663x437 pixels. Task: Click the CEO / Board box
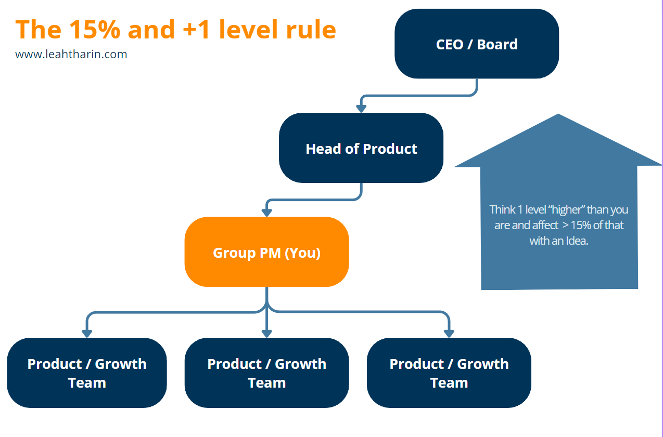476,44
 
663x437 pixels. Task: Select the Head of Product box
361,149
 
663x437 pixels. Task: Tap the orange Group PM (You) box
266,253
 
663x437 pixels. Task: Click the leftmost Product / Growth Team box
87,373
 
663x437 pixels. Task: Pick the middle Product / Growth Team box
266,373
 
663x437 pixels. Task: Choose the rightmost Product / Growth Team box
449,373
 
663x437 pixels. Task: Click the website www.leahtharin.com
71,54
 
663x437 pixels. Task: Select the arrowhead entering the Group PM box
266,213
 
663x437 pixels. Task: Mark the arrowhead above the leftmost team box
87,334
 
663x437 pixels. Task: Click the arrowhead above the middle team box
266,334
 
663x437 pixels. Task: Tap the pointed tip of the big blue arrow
558,115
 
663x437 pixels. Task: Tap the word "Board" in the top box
497,44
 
